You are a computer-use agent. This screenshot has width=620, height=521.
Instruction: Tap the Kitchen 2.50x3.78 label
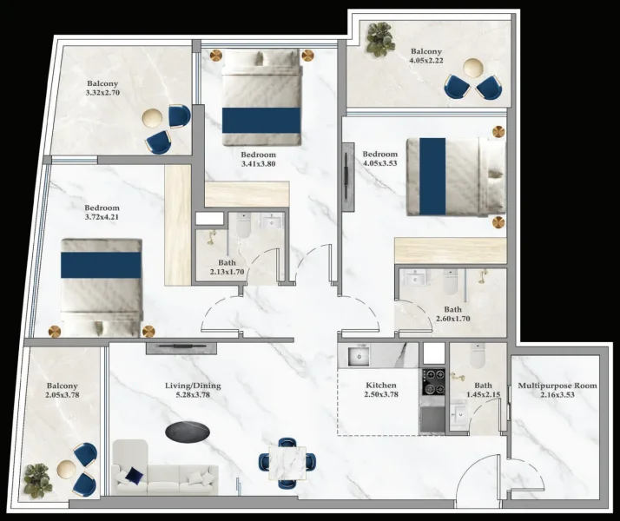pyautogui.click(x=381, y=390)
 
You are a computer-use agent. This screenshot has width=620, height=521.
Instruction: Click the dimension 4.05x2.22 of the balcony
pyautogui.click(x=427, y=61)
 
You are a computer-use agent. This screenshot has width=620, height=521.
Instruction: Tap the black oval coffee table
pyautogui.click(x=187, y=431)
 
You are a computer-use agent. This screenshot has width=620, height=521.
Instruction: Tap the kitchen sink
pyautogui.click(x=357, y=356)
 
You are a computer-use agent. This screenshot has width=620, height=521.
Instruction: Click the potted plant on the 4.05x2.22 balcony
pyautogui.click(x=379, y=39)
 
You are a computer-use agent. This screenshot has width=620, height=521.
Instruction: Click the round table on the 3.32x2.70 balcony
pyautogui.click(x=154, y=117)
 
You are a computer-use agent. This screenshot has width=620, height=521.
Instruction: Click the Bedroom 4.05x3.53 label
pyautogui.click(x=379, y=160)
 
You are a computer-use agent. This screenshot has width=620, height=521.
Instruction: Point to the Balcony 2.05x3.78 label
pyautogui.click(x=62, y=391)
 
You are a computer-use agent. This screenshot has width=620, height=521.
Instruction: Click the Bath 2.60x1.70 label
pyautogui.click(x=452, y=313)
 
